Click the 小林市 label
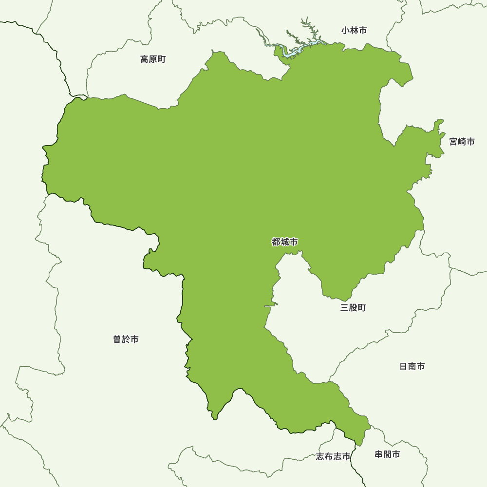coord(354,31)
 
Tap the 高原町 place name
coord(153,59)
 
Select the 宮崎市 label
coord(462,142)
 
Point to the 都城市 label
coord(285,242)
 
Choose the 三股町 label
coord(353,308)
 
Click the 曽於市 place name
coord(126,339)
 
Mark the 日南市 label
coord(412,366)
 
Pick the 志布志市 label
coord(333,456)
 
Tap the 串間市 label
coord(387,454)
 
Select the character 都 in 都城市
coord(276,242)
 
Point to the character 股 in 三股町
coord(353,308)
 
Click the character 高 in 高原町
coord(145,59)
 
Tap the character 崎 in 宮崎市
coord(462,142)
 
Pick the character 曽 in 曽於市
coord(117,339)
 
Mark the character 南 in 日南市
coord(412,366)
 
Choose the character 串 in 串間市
coord(379,454)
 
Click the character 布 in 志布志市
coord(329,456)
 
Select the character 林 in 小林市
coord(354,31)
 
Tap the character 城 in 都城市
coord(285,242)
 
